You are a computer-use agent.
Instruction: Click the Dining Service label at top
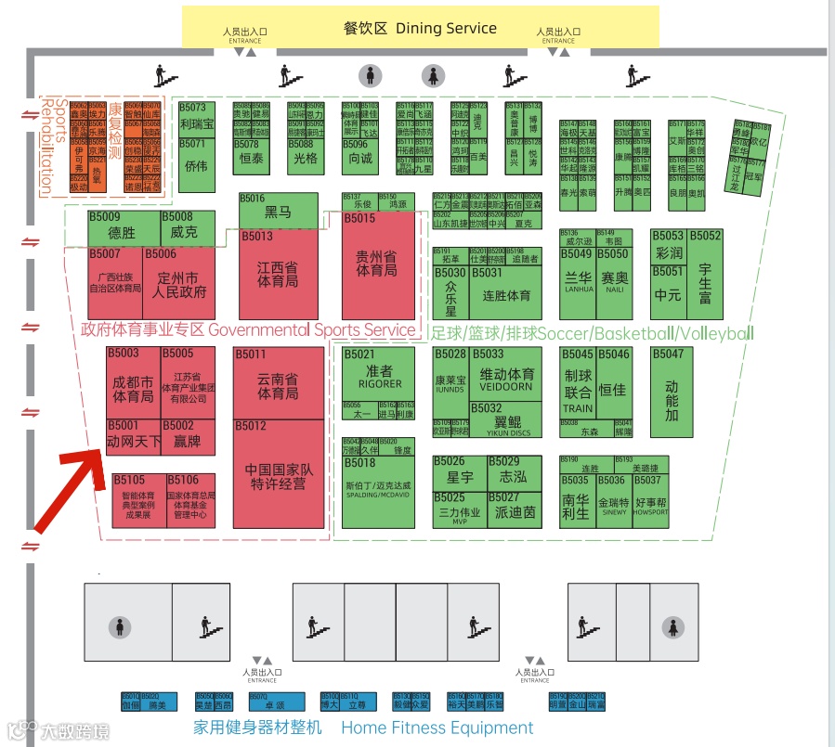[x=420, y=28]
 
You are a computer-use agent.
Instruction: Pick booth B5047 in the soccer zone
[x=672, y=392]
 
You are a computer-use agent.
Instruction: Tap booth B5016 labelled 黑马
[x=278, y=211]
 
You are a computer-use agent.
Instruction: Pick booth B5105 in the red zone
[x=138, y=499]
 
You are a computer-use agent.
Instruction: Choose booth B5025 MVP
[x=459, y=509]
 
